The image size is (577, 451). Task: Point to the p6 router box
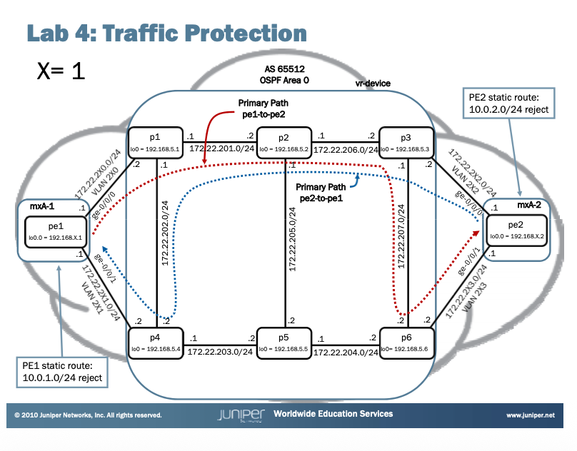pos(406,344)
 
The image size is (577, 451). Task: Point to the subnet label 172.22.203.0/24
pos(221,352)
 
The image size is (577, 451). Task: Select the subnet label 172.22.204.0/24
pos(346,352)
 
